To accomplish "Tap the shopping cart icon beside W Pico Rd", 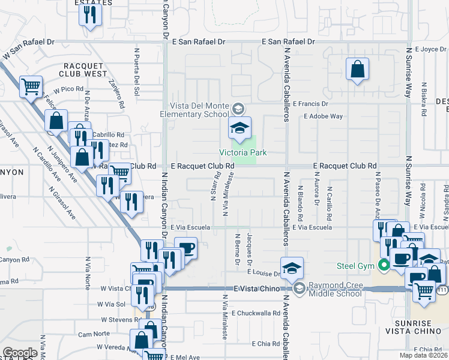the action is pos(31,86).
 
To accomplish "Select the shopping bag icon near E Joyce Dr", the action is pos(357,69).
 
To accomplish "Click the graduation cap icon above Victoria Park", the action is pos(240,127).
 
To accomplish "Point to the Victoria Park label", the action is pos(243,152).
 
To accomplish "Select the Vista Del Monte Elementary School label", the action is pos(198,110).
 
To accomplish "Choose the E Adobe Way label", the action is pos(323,116).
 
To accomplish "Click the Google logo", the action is pos(20,353).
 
